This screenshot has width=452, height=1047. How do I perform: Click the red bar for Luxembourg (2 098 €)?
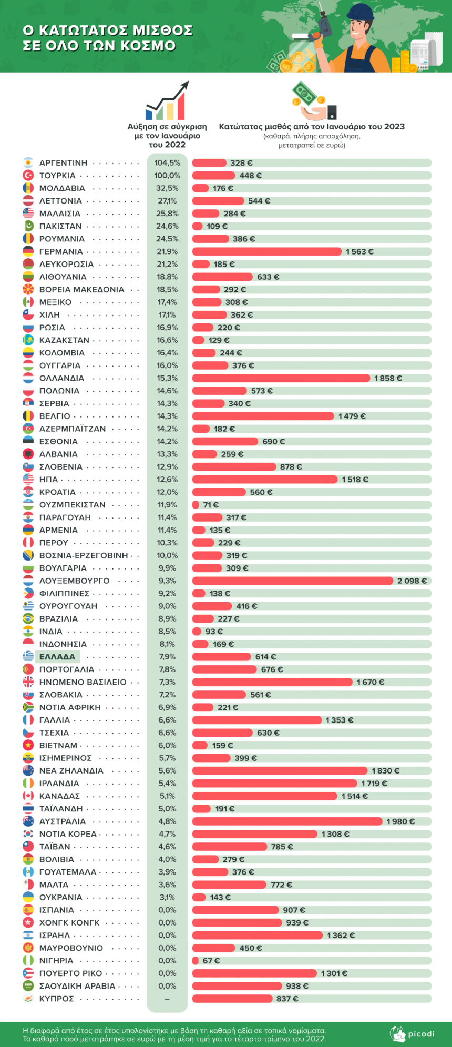(292, 581)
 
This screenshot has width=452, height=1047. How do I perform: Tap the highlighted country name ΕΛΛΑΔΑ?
(57, 657)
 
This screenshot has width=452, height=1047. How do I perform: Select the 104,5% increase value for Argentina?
(167, 163)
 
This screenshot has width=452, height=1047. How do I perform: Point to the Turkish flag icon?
(28, 176)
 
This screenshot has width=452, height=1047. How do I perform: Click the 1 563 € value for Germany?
(359, 252)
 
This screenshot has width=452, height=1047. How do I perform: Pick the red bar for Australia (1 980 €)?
(287, 821)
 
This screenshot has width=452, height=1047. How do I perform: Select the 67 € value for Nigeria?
(211, 961)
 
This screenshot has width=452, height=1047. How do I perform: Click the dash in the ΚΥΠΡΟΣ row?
(167, 999)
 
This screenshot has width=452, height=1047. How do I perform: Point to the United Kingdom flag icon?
(28, 682)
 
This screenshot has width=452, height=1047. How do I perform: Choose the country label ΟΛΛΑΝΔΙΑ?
(61, 378)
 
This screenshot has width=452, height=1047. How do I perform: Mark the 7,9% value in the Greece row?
(167, 657)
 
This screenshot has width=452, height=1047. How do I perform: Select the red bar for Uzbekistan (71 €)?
(196, 505)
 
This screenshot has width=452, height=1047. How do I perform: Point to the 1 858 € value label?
(388, 378)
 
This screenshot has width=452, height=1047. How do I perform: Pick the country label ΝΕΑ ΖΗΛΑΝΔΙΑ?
(71, 771)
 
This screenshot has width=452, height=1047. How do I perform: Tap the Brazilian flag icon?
(28, 619)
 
